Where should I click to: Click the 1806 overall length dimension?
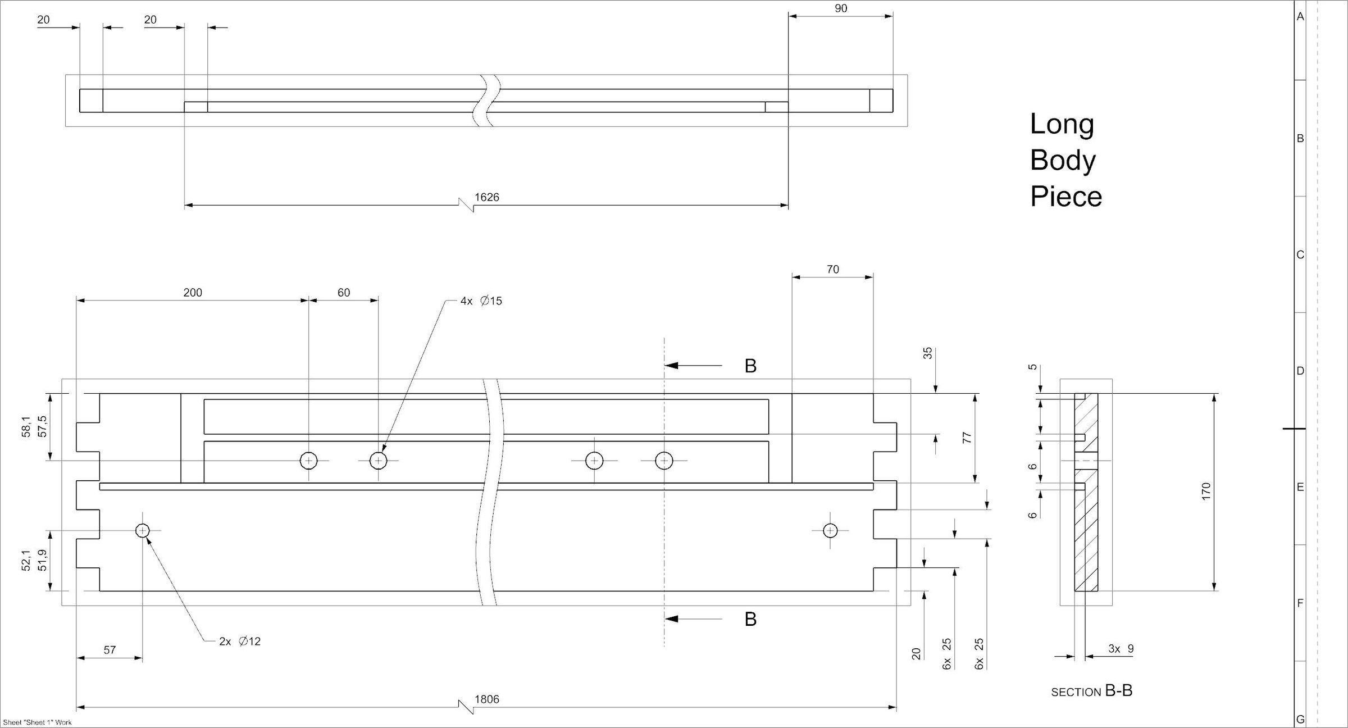click(x=486, y=699)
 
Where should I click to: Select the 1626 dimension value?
click(x=486, y=197)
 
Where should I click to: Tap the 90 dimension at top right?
click(x=841, y=8)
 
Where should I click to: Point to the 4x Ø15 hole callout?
click(x=481, y=301)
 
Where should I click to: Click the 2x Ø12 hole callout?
click(x=240, y=641)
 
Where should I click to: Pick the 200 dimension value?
click(x=193, y=293)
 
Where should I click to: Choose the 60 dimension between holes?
click(x=344, y=293)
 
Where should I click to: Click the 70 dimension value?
click(x=833, y=270)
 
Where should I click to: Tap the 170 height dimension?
click(x=1206, y=492)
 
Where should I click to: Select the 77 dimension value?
click(x=967, y=438)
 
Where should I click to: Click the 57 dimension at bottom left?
click(x=110, y=650)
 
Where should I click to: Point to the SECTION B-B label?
click(x=1092, y=691)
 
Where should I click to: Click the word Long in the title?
click(x=1062, y=124)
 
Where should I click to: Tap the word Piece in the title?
click(x=1066, y=197)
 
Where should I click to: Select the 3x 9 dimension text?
click(x=1121, y=649)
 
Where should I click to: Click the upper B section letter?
click(x=750, y=366)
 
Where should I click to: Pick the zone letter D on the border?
click(x=1300, y=371)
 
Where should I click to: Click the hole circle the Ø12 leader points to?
click(x=143, y=530)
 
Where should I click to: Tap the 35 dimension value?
click(x=928, y=353)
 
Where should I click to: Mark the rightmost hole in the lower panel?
click(x=830, y=530)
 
